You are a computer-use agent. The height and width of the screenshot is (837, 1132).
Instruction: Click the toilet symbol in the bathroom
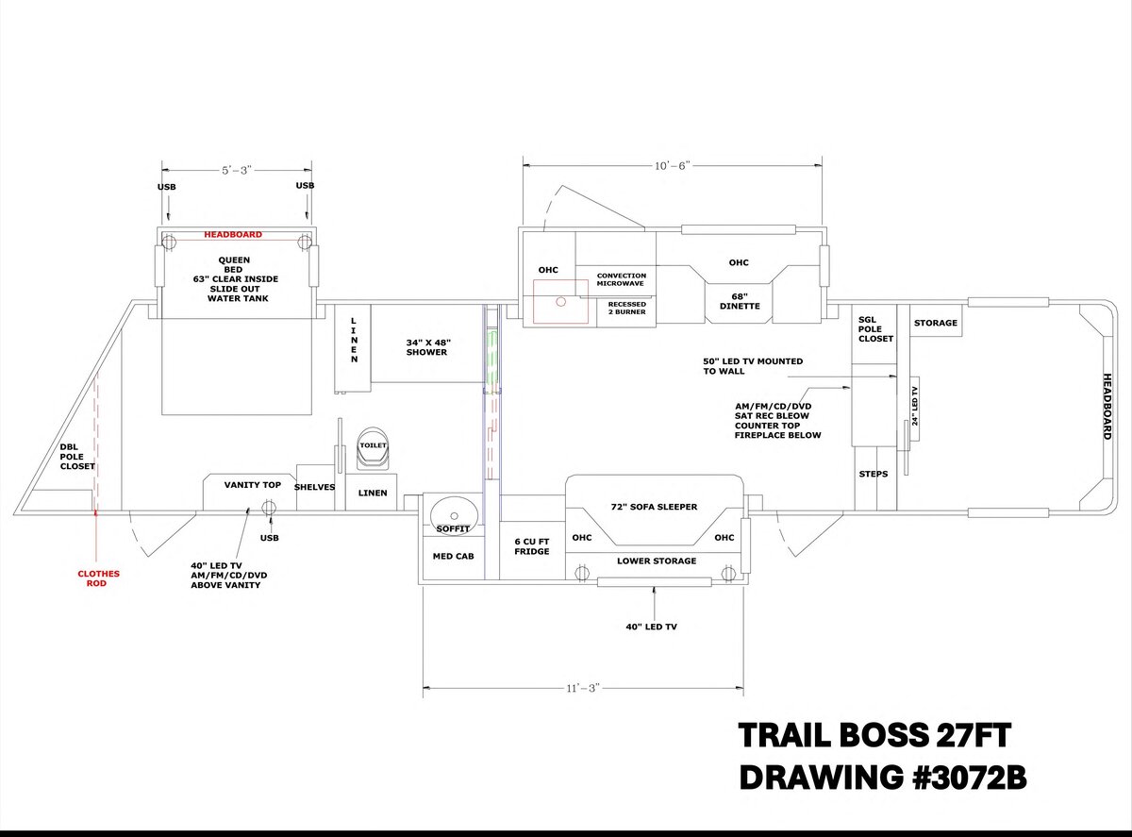pos(374,449)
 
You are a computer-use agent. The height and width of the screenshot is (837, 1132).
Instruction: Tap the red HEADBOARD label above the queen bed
pos(233,234)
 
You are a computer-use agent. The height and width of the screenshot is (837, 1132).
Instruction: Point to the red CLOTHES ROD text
pos(98,578)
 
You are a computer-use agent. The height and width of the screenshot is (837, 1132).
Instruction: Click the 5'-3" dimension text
pos(236,170)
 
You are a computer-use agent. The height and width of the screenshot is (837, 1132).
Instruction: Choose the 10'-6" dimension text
pos(671,165)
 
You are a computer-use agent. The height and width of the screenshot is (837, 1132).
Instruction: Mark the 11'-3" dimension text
pos(581,688)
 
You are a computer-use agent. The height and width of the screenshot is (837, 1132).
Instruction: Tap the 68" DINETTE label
pos(740,300)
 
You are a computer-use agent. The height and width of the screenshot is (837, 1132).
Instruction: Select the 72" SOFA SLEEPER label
pos(654,508)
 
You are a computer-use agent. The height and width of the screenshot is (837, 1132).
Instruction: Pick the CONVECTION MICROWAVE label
pos(621,280)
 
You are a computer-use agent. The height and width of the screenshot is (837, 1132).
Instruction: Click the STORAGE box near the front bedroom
pos(936,323)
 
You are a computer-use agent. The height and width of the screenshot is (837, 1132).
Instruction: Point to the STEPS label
pos(874,474)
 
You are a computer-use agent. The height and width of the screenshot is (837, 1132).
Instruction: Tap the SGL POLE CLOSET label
pos(875,328)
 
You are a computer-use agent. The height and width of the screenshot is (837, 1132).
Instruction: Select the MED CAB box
pos(453,557)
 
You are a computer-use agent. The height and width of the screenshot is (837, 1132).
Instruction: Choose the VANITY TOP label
pos(252,485)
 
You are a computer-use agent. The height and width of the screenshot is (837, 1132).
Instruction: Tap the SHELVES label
pos(315,487)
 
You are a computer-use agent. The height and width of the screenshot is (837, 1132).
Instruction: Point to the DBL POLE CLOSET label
pos(77,457)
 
